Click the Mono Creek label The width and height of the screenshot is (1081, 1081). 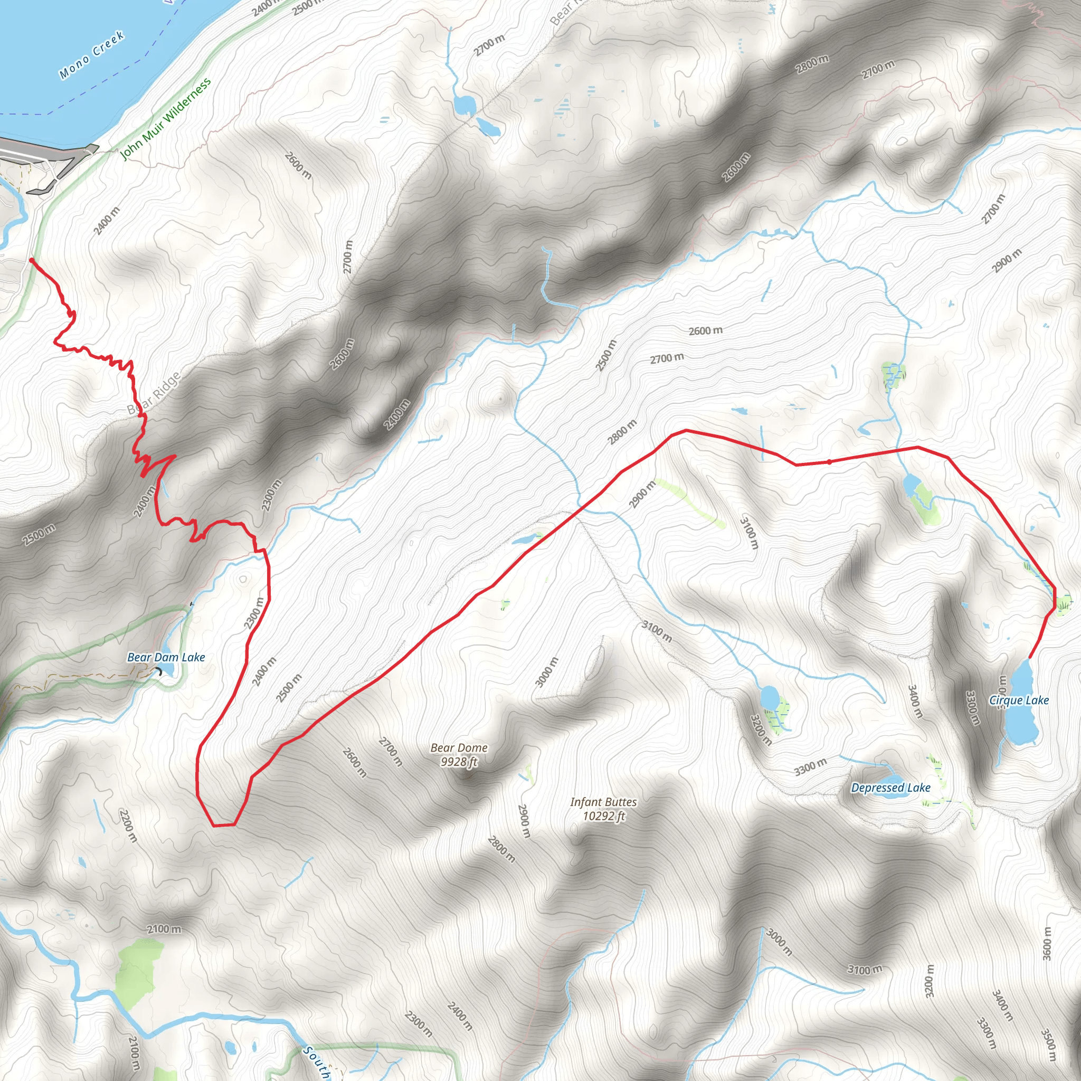tap(91, 55)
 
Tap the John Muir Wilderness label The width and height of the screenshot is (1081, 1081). tap(166, 119)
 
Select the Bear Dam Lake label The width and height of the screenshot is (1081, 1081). tap(166, 658)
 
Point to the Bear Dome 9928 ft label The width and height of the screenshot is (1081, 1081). tap(459, 755)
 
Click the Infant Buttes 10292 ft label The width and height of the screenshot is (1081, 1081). tap(603, 809)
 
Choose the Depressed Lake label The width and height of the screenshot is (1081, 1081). tap(890, 788)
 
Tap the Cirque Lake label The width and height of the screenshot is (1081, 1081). tap(1019, 700)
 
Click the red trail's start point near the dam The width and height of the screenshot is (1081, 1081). tap(31, 260)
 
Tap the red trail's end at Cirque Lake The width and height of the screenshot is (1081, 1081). tap(1029, 658)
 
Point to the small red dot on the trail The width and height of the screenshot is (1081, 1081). tap(829, 462)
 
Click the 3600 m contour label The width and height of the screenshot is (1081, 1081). tap(1047, 943)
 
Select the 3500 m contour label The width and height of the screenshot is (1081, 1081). tap(1049, 1045)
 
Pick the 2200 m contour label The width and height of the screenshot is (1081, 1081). tap(128, 826)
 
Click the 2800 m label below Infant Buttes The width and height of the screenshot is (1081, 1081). tap(501, 849)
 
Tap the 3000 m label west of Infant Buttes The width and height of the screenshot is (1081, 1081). tap(547, 672)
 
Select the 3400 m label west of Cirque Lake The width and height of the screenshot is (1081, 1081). tap(915, 701)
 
